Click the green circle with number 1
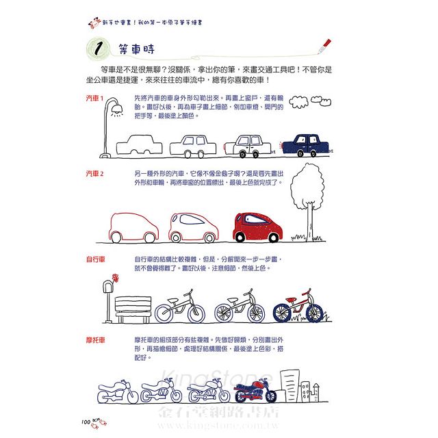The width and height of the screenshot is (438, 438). (x=94, y=51)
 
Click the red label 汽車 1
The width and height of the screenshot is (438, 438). (x=93, y=100)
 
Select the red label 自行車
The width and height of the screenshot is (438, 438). (x=94, y=259)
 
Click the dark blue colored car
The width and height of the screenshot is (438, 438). (x=307, y=144)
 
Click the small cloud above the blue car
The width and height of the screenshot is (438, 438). (x=299, y=103)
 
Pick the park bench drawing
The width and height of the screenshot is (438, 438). (x=133, y=309)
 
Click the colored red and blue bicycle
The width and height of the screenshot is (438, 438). (x=298, y=308)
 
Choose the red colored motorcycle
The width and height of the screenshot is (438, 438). (x=255, y=391)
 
